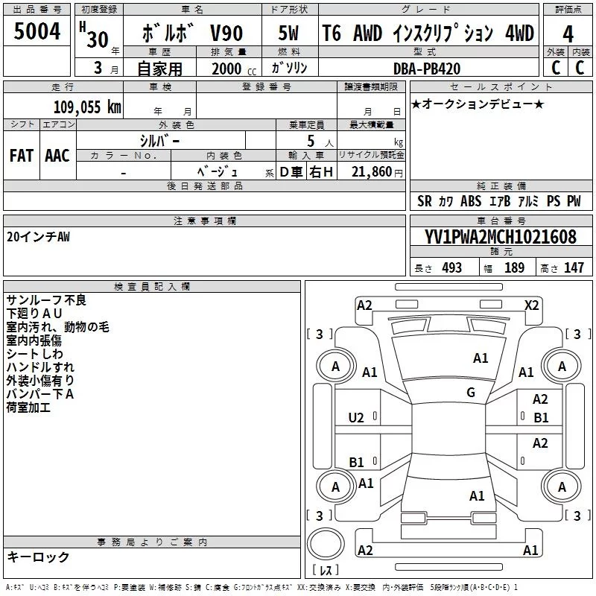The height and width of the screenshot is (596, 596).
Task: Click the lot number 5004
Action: [x=37, y=32]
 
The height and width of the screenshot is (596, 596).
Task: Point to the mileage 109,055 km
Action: [x=86, y=107]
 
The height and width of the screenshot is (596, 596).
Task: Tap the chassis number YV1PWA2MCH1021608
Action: [x=501, y=238]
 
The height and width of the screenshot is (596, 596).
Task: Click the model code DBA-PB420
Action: [x=427, y=69]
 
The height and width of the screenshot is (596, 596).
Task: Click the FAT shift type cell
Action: [x=22, y=156]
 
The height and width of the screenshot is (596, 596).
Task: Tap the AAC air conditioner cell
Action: [x=57, y=156]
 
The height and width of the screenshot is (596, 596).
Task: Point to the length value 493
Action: [x=451, y=267]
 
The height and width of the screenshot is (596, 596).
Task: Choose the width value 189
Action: [x=514, y=267]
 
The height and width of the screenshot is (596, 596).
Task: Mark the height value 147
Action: [x=574, y=267]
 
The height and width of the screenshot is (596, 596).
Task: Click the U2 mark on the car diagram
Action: [x=356, y=418]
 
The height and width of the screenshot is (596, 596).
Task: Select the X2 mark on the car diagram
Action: [x=531, y=305]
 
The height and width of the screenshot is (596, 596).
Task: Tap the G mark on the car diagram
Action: [x=471, y=393]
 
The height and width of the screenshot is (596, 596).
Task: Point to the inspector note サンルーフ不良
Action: [x=46, y=300]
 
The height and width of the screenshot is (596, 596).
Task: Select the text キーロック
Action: [x=39, y=557]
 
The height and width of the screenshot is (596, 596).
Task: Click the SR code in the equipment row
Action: [x=425, y=201]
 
